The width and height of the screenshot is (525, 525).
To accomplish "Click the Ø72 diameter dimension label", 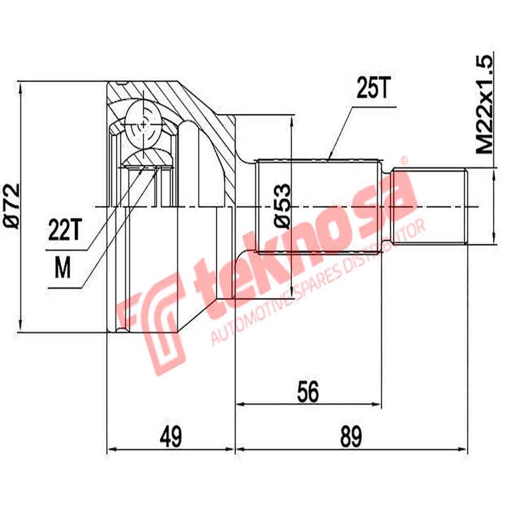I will tap(12, 206).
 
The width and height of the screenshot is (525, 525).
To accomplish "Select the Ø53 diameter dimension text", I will tap(281, 206).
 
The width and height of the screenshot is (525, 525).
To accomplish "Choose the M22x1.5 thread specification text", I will tap(485, 105).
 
